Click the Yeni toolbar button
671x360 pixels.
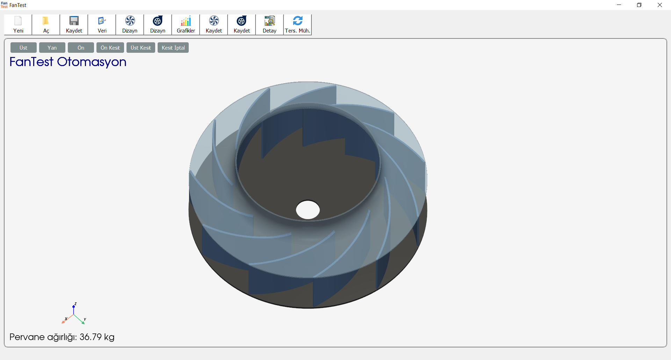[18, 24]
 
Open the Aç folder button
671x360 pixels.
[46, 24]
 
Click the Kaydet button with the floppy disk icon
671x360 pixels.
[74, 24]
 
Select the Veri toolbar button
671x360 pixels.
[102, 24]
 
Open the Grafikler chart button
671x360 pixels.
[186, 24]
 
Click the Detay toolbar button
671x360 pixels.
[269, 24]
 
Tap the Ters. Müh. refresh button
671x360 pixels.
[297, 24]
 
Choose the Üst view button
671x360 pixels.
[23, 48]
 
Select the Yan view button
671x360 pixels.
[52, 48]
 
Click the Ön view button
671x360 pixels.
[81, 48]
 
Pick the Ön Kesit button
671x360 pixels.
[110, 48]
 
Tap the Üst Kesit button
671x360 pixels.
[140, 48]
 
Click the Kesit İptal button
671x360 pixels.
[173, 48]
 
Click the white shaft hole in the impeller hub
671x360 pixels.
[308, 210]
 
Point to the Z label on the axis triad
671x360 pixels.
[75, 304]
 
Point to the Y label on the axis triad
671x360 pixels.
[85, 319]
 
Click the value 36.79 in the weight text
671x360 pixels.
[91, 337]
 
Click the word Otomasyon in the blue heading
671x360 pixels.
[92, 62]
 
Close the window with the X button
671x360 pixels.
[659, 5]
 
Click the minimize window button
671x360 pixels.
[619, 5]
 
